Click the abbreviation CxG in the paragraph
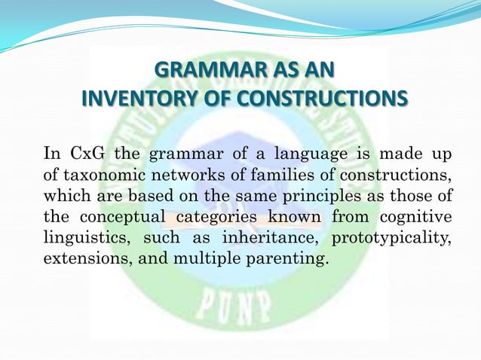point(85,155)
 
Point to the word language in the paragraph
point(314,155)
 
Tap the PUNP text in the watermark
point(238,306)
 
